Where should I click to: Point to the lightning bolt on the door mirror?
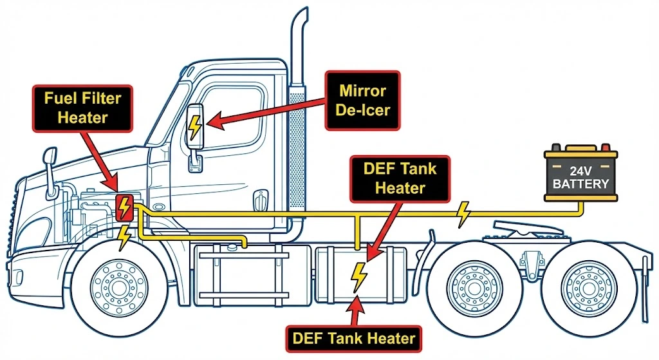pyautogui.click(x=194, y=127)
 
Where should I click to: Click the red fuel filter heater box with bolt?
pyautogui.click(x=123, y=207)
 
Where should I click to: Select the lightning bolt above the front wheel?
pyautogui.click(x=124, y=238)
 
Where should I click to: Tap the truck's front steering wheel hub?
pyautogui.click(x=115, y=283)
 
